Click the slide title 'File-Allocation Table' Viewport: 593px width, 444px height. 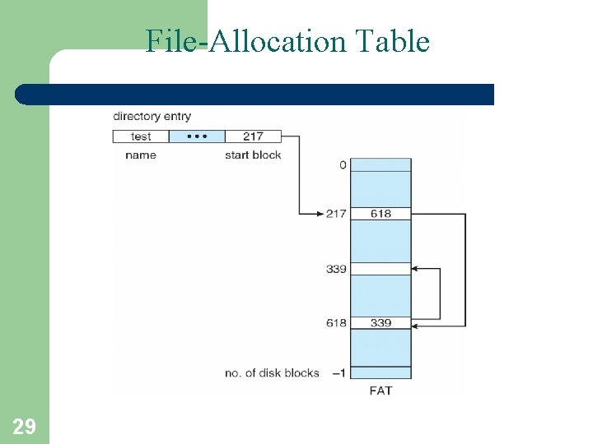pyautogui.click(x=287, y=40)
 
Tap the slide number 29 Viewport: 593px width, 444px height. pyautogui.click(x=24, y=426)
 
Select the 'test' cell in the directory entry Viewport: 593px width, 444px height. pyautogui.click(x=141, y=136)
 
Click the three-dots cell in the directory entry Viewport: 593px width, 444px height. pyautogui.click(x=196, y=136)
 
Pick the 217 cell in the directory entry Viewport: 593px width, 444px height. pyautogui.click(x=253, y=136)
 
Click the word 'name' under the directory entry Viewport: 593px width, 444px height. pyautogui.click(x=140, y=155)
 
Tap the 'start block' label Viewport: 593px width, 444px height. pyautogui.click(x=253, y=155)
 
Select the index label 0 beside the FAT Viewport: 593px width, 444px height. pyautogui.click(x=343, y=164)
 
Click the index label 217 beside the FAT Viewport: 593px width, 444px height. pyautogui.click(x=336, y=214)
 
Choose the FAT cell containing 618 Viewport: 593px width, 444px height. pyautogui.click(x=381, y=214)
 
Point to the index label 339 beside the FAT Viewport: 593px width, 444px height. pyautogui.click(x=336, y=269)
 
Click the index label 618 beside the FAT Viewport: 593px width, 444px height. pyautogui.click(x=336, y=323)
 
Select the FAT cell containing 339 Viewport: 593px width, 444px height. pyautogui.click(x=381, y=323)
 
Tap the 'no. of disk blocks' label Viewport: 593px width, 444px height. pyautogui.click(x=272, y=373)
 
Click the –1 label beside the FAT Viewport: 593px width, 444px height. pyautogui.click(x=339, y=373)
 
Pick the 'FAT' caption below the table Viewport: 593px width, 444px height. pyautogui.click(x=381, y=391)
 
